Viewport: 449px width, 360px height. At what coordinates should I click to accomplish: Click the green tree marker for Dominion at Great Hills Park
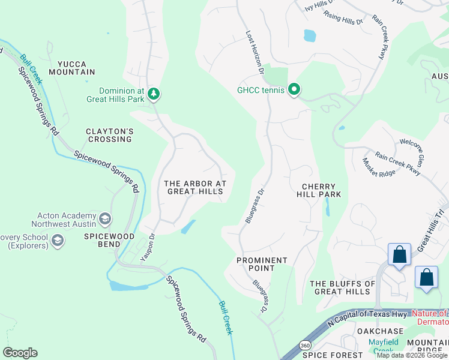point(154,93)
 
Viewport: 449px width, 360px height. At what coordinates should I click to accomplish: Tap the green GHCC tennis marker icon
point(294,91)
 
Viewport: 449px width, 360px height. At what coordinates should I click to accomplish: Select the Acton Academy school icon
point(106,218)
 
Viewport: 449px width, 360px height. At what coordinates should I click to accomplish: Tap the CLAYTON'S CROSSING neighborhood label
point(109,135)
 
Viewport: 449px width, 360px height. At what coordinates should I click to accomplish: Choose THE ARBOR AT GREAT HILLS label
point(195,187)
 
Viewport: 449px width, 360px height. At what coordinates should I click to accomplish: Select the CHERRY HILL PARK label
point(318,190)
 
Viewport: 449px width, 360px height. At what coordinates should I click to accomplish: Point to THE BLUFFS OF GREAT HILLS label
point(340,287)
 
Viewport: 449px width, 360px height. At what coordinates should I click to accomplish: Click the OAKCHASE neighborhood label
point(380,331)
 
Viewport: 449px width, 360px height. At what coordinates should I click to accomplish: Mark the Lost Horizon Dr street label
point(255,52)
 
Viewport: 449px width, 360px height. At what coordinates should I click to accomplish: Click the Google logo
point(20,353)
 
